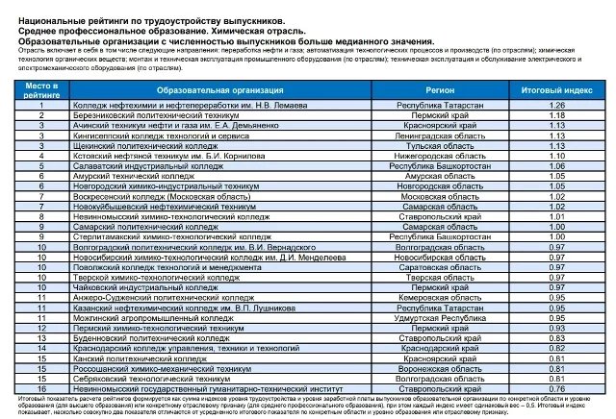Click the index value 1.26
click(x=555, y=105)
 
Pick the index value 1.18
click(x=555, y=114)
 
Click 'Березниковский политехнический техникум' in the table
click(x=155, y=114)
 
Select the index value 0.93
click(x=555, y=327)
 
